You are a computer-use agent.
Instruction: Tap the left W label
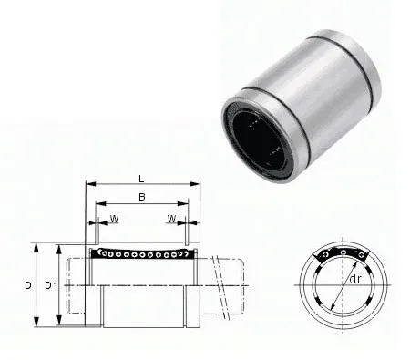point(114,219)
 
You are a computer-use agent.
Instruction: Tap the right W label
point(171,219)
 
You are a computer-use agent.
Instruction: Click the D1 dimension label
point(51,285)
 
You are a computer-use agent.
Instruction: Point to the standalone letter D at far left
point(28,285)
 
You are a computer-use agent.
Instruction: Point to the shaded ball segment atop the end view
point(342,254)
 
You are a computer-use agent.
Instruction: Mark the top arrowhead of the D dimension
point(36,244)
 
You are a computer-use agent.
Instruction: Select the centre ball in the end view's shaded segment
point(342,252)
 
